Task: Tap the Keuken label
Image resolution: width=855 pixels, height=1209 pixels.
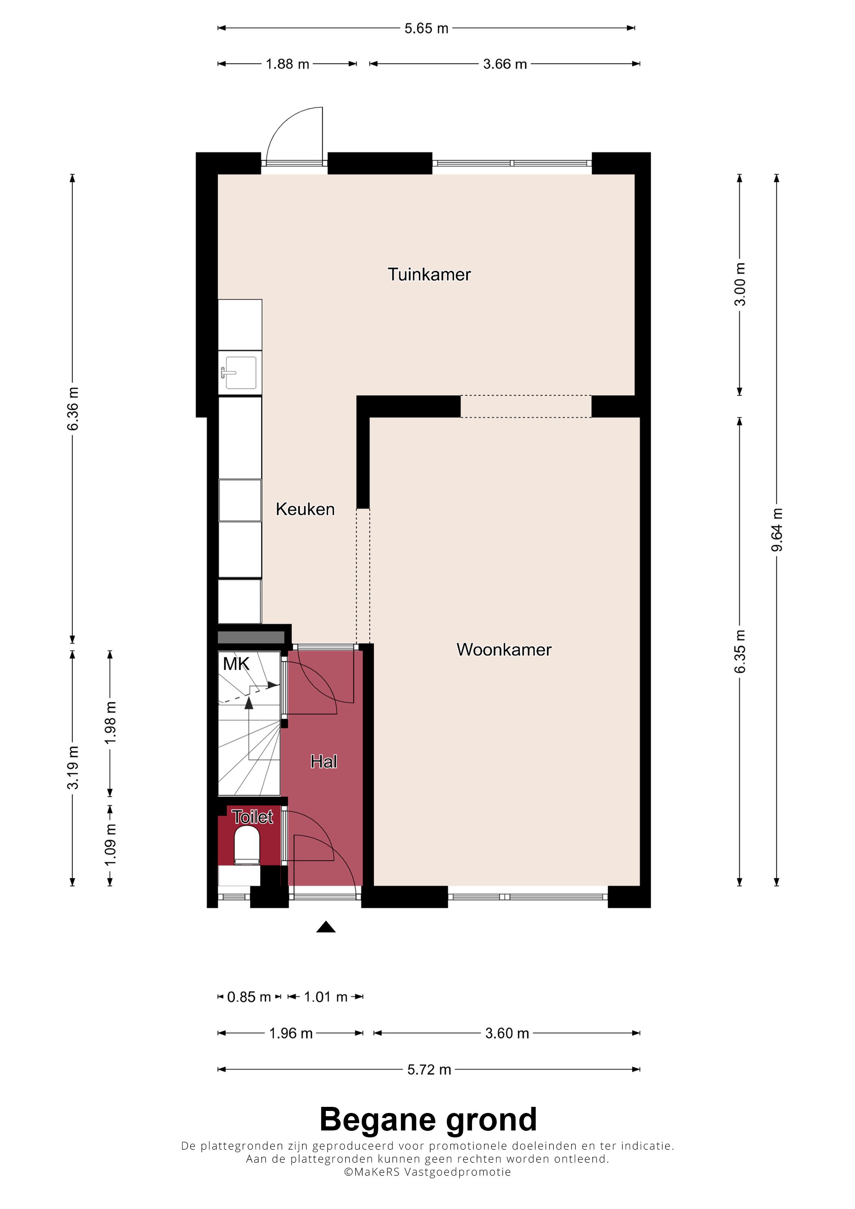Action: coord(305,509)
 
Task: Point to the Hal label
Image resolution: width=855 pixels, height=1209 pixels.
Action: coord(323,761)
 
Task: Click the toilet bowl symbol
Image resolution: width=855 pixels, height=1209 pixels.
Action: coord(247,845)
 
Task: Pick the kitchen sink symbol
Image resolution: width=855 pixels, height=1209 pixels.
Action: coord(240,373)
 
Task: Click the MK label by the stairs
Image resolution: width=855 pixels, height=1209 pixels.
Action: coord(236,664)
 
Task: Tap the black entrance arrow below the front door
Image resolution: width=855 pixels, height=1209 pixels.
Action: coord(326,927)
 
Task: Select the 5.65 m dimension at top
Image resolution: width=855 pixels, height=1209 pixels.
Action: coord(426,28)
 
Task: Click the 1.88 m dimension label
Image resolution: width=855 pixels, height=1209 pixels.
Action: coord(287,64)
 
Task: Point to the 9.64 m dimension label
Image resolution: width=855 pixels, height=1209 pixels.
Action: coord(776,530)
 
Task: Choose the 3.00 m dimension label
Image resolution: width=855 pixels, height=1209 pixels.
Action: coord(740,284)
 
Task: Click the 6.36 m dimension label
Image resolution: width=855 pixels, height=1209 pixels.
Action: coord(73,409)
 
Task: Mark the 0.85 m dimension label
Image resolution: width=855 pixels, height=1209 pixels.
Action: coord(249,997)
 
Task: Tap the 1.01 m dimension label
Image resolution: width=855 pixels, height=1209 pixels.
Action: coord(326,997)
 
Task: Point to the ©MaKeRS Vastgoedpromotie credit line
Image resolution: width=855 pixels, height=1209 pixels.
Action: coord(427,1172)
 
